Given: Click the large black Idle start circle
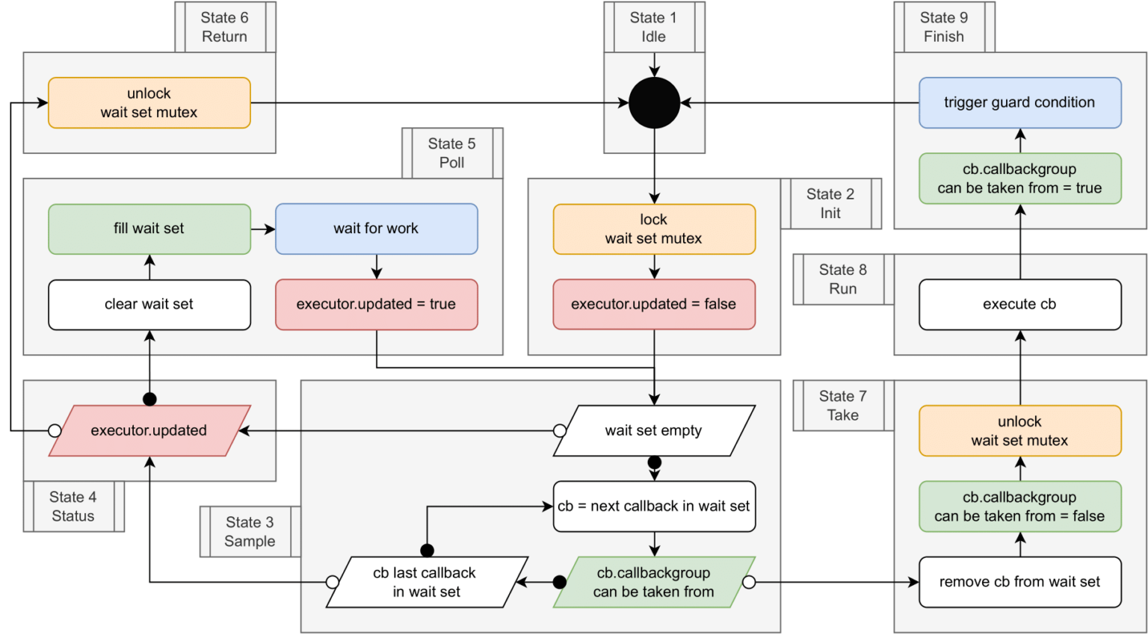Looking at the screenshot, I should click(654, 103).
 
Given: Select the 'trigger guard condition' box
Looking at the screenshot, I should click(1019, 103).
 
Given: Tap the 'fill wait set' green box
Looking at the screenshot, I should click(149, 229).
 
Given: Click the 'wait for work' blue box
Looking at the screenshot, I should click(376, 229).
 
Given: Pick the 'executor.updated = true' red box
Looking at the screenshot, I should click(376, 304).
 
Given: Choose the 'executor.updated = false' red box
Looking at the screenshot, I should click(654, 304).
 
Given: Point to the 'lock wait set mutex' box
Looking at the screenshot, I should click(654, 229).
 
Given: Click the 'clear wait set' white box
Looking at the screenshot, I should click(149, 304).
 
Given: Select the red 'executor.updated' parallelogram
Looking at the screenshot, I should click(149, 430).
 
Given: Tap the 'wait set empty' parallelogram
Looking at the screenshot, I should click(654, 430).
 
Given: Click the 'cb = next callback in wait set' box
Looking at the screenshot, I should click(654, 507).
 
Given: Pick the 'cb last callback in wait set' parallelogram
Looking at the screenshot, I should click(427, 582).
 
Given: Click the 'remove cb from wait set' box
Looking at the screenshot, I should click(1019, 582).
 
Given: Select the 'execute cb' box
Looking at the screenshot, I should click(1019, 304).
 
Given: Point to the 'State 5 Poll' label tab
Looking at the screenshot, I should click(451, 153).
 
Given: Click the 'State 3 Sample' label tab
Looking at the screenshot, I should click(250, 532).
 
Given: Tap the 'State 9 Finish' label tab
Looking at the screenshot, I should click(944, 27).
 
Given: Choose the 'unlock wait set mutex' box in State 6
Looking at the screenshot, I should click(149, 103).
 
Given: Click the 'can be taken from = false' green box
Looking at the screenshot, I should click(1019, 507).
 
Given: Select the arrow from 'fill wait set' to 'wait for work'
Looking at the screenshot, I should click(263, 229).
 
